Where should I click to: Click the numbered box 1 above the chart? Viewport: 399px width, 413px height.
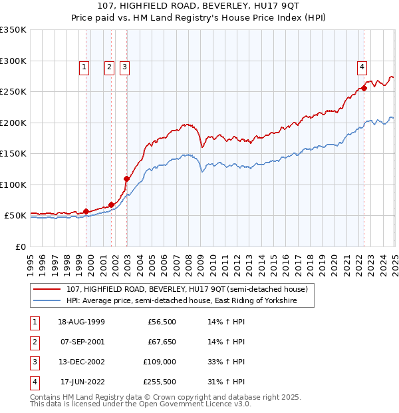84,66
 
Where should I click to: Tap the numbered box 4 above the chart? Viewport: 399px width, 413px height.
362,66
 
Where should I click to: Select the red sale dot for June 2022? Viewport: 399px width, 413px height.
364,88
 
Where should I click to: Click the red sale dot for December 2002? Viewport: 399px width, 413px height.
126,179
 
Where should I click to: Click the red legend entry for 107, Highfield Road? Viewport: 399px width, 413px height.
186,290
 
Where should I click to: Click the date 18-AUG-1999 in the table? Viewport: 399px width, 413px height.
81,322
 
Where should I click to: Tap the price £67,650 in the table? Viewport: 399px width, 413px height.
160,342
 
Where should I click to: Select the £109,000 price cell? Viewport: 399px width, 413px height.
160,362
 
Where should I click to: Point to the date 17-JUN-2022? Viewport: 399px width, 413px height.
82,382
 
